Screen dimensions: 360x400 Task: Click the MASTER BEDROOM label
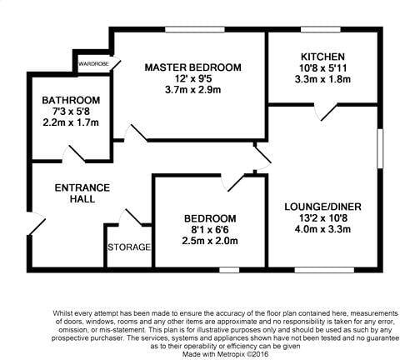tap(192, 67)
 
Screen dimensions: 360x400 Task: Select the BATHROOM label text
tap(71, 100)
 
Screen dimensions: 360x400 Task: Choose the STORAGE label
tap(129, 247)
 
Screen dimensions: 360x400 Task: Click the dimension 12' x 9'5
tap(192, 81)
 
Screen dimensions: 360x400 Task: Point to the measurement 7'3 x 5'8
tap(71, 112)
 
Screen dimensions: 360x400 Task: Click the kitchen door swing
tap(332, 110)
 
